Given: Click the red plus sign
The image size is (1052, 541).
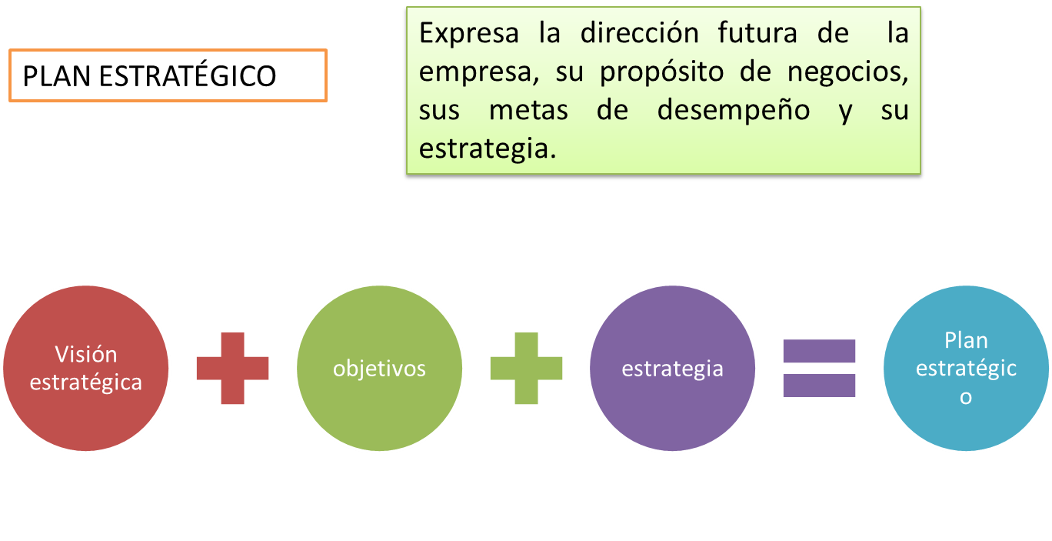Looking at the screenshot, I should (x=232, y=369).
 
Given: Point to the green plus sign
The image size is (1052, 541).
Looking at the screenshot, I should (x=526, y=369).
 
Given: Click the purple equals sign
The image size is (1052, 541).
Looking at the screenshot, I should (x=819, y=369).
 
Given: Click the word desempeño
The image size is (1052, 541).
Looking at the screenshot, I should (x=733, y=110).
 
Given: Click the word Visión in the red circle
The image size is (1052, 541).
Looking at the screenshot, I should (x=86, y=355).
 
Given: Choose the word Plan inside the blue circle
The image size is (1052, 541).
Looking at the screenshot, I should (x=966, y=340).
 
